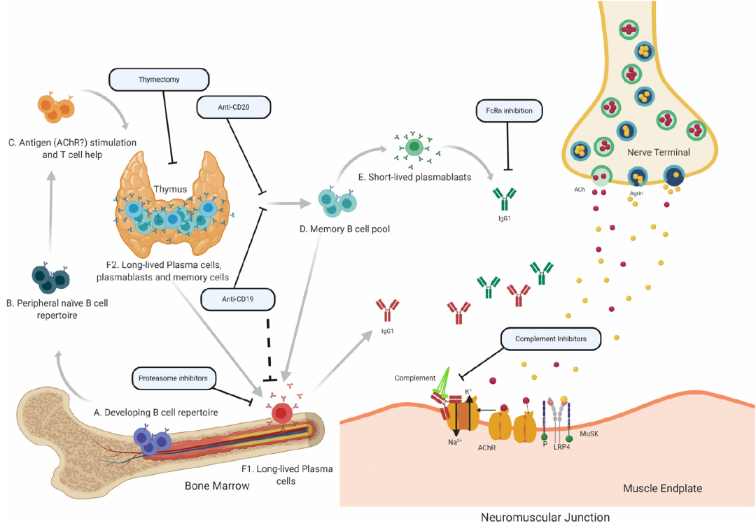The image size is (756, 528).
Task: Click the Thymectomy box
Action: [x=159, y=80]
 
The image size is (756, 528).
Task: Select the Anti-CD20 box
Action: [x=233, y=107]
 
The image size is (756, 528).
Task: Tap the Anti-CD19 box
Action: [x=238, y=299]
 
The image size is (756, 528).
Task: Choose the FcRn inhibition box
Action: [x=509, y=110]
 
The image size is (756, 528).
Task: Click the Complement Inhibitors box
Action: [x=551, y=338]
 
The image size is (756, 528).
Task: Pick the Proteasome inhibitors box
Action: [x=173, y=378]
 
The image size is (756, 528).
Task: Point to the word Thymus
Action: [x=170, y=190]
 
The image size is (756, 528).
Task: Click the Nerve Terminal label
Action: [x=658, y=152]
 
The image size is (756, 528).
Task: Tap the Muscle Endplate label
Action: [x=662, y=488]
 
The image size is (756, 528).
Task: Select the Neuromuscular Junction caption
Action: [x=545, y=518]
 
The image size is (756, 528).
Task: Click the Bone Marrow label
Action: [x=217, y=485]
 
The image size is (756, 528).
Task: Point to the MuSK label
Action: [x=589, y=434]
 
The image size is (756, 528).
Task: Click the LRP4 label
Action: [x=561, y=447]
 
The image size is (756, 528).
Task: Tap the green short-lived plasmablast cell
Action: [x=414, y=147]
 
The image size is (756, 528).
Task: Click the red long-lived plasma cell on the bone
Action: [x=281, y=413]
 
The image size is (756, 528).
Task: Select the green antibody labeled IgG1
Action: [x=504, y=199]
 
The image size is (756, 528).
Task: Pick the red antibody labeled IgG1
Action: [x=388, y=311]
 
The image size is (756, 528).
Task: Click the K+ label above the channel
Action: [x=468, y=392]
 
